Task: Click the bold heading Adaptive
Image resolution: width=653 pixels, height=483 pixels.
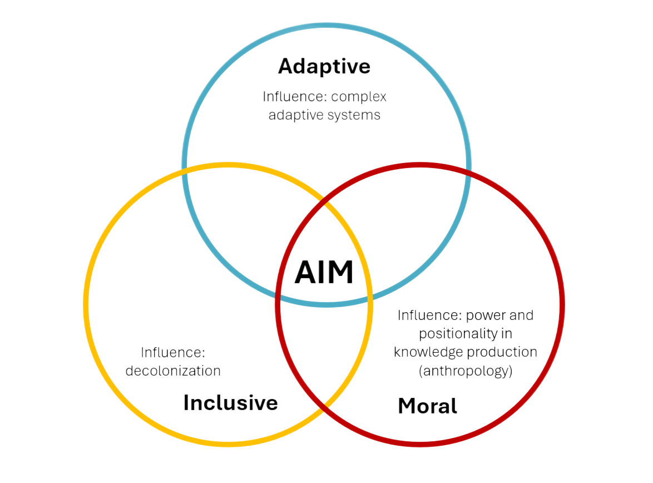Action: tap(324, 66)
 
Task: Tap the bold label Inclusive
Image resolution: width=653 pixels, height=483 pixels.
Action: tap(230, 402)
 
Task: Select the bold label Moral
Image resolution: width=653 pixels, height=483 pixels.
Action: tap(427, 406)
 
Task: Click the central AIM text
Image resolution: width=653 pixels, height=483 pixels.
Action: tap(324, 273)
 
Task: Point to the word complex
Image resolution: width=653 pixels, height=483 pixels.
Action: tap(359, 96)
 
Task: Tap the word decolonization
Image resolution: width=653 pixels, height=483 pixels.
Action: tap(173, 371)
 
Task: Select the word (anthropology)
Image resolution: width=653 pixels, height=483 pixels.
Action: tap(465, 371)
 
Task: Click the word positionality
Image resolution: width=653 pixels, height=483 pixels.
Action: tap(466, 334)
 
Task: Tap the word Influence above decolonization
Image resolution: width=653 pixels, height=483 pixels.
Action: tap(173, 352)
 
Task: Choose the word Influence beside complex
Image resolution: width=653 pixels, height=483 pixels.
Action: tap(295, 96)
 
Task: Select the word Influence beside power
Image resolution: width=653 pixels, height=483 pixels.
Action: tap(429, 316)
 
